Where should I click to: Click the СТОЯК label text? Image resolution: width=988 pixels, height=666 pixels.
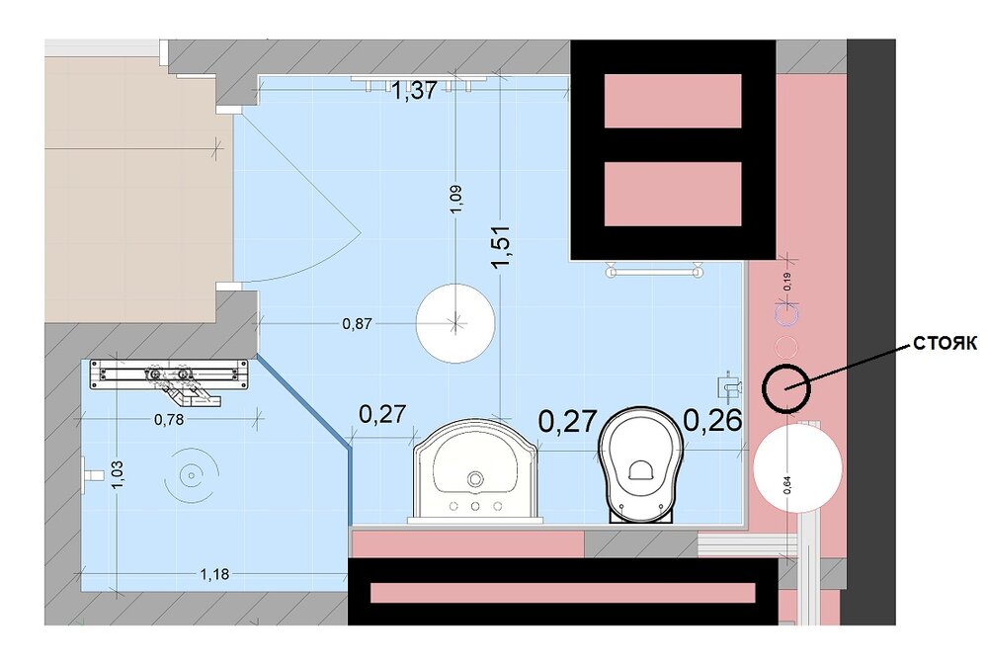946,344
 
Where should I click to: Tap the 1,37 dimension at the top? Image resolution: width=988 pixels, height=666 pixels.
414,91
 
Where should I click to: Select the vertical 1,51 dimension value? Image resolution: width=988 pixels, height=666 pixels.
503,246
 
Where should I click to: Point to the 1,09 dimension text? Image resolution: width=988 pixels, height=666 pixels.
456,198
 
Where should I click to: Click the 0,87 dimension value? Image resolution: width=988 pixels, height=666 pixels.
357,324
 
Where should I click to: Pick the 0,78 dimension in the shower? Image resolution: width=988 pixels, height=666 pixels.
169,419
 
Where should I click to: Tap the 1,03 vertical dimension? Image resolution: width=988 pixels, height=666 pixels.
118,474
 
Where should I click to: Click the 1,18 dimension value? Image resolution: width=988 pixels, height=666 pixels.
214,574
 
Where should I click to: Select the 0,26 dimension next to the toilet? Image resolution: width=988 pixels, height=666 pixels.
712,421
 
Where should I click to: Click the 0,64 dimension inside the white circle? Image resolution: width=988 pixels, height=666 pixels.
786,483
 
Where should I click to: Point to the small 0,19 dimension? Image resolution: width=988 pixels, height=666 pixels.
787,281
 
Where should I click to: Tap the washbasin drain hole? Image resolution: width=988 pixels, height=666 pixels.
474,479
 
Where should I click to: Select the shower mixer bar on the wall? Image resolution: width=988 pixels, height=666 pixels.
168,375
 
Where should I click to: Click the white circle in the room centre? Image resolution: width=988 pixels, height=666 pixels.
455,322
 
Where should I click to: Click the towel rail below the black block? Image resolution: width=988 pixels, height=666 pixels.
654,271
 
